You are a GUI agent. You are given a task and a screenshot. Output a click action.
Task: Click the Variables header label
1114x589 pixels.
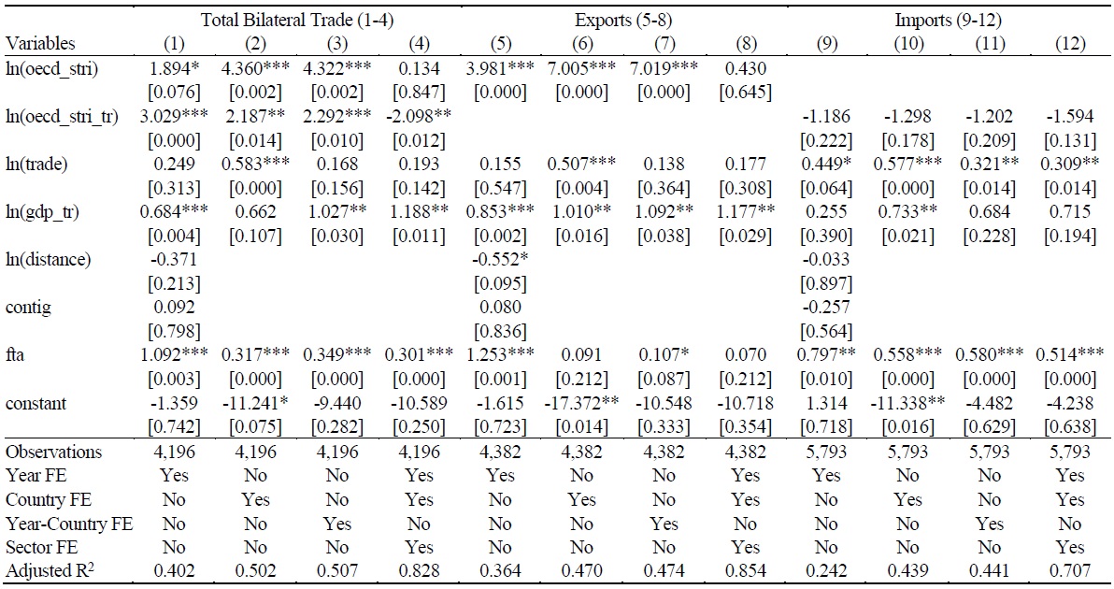tap(40, 43)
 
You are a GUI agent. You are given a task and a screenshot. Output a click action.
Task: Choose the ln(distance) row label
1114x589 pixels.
tap(49, 260)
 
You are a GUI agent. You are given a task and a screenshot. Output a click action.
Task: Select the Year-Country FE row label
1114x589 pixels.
tap(69, 524)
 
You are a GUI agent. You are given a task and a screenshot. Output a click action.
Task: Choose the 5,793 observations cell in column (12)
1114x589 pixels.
tap(1068, 452)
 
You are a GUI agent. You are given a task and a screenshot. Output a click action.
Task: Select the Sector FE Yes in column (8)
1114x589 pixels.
tap(745, 548)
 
